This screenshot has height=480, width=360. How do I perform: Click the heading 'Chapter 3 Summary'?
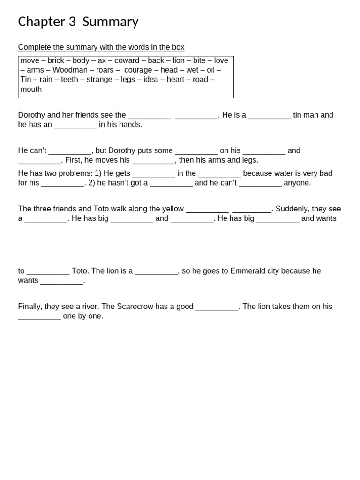point(78,22)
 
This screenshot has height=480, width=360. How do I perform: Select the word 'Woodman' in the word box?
point(70,70)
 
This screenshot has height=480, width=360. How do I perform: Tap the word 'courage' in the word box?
point(138,70)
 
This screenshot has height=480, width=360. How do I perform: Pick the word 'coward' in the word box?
point(127,60)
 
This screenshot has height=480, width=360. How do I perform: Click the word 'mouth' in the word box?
point(31,89)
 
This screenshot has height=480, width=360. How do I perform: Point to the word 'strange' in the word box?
point(99,80)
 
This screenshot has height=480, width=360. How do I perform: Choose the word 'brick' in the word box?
point(56,60)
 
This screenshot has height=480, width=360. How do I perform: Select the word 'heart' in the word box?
point(175,80)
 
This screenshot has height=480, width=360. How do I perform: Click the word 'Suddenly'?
point(291,209)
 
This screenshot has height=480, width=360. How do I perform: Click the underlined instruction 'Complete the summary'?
point(101,47)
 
